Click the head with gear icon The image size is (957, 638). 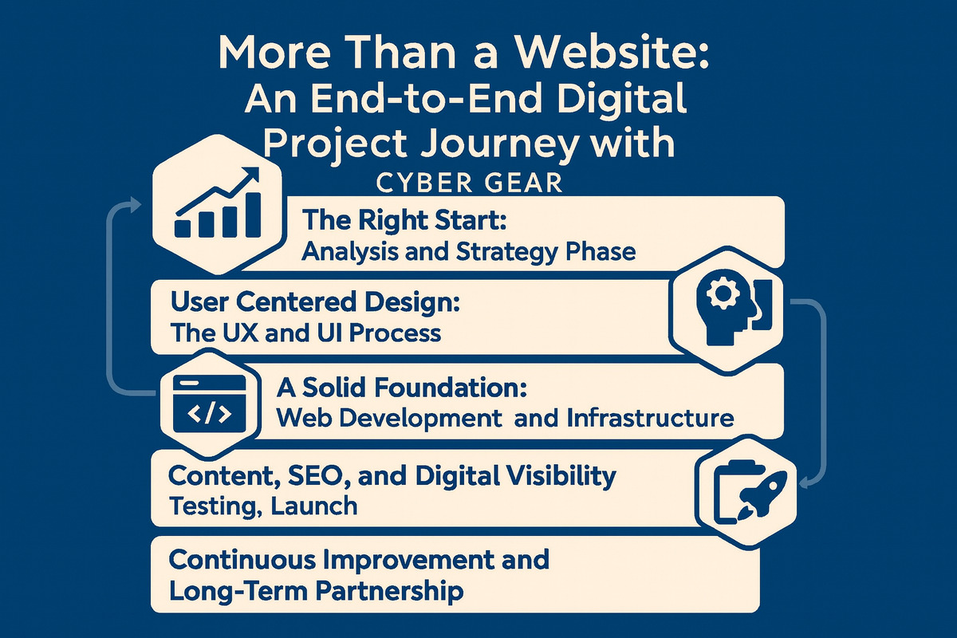click(728, 306)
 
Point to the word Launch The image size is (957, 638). click(313, 505)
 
